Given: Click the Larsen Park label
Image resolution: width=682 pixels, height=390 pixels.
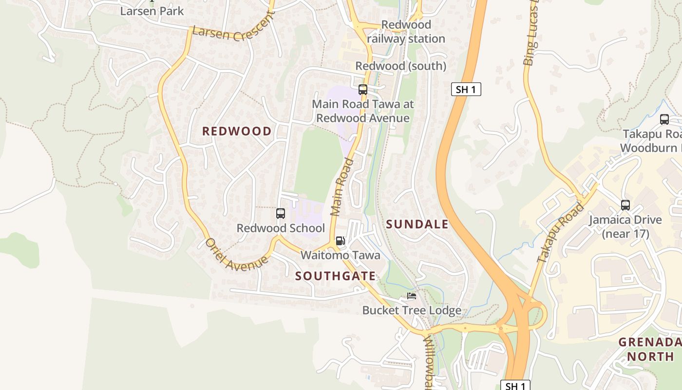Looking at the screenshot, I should point(152,11).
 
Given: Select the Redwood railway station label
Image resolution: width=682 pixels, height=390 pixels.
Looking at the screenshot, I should point(406,32).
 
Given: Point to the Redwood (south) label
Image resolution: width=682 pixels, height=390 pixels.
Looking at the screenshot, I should point(400,66).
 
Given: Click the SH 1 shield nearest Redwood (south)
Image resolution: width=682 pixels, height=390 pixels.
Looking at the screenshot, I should point(466,89).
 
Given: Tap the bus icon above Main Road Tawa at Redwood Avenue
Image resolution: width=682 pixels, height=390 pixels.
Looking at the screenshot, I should point(363,90).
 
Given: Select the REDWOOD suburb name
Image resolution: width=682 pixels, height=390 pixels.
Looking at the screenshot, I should point(237,131).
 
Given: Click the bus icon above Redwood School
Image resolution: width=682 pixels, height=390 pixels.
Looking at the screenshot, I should point(281,214).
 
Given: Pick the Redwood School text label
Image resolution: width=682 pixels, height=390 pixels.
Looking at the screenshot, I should point(281,228).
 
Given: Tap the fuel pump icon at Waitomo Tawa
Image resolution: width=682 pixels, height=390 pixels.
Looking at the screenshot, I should point(341,241).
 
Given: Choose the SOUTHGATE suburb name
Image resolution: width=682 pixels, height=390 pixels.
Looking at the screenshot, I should point(336,276).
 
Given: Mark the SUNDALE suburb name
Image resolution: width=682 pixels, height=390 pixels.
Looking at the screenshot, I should point(417,224).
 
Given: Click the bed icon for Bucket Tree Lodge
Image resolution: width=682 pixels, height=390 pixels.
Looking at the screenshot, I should point(412,296).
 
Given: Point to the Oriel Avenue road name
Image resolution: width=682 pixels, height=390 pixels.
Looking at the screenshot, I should point(236,254).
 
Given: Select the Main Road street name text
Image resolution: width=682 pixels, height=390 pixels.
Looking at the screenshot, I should point(342,187).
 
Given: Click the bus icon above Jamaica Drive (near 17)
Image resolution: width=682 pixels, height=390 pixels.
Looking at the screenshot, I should point(625,205).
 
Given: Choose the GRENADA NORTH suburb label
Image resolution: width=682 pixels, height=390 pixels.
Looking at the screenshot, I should point(650,349).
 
